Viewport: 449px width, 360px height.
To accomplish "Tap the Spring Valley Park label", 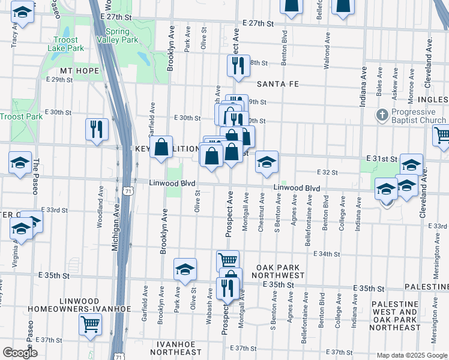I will coord(122,36).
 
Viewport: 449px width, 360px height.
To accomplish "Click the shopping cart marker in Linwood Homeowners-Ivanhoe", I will coord(91,325).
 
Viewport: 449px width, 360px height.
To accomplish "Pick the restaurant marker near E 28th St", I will coord(238,66).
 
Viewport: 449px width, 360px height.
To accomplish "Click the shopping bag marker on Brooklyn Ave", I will coord(161,146).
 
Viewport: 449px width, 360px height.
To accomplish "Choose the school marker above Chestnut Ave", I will coord(267,161).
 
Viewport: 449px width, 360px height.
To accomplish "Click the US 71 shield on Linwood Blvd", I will coord(128,190).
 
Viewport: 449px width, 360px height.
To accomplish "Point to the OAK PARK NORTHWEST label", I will coord(281,271).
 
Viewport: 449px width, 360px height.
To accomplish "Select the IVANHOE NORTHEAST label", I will coord(175,348).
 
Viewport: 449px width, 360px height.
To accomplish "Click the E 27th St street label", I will coord(258,22).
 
